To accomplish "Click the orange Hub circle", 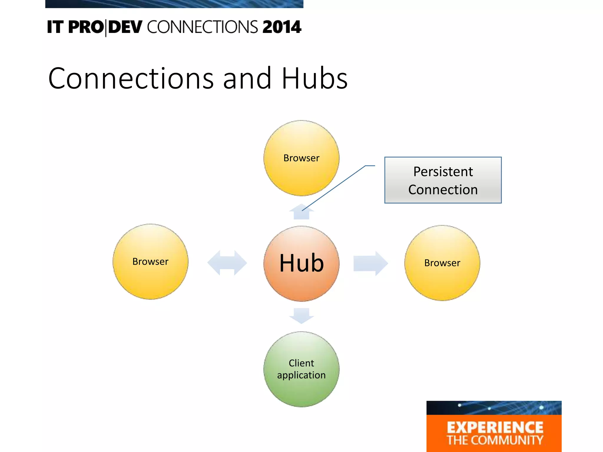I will tap(301, 263).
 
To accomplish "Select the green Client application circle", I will tap(301, 369).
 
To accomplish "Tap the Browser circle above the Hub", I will tap(301, 158).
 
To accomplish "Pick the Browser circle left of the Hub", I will tap(150, 262).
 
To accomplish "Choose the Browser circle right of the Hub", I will tap(442, 263).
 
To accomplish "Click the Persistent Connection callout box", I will tap(443, 180).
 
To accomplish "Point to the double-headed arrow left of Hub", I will tap(227, 263).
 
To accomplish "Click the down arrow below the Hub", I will tap(301, 316).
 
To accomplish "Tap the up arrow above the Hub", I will tap(301, 212).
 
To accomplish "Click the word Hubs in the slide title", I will tap(314, 79).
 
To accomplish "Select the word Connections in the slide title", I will tap(131, 79).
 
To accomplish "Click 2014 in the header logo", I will tap(282, 27).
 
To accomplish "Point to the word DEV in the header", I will tap(125, 27).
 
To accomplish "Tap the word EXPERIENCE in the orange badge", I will tap(495, 428).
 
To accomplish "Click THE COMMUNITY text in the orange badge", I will tap(495, 440).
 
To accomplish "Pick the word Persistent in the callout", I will tap(443, 172).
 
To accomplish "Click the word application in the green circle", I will tap(301, 375).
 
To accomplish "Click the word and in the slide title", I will tap(247, 79).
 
